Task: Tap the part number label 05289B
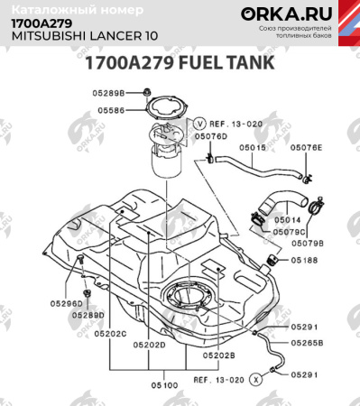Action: [107, 93]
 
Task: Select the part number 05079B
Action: [310, 243]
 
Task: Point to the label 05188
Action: [303, 260]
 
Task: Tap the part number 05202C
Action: [108, 334]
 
